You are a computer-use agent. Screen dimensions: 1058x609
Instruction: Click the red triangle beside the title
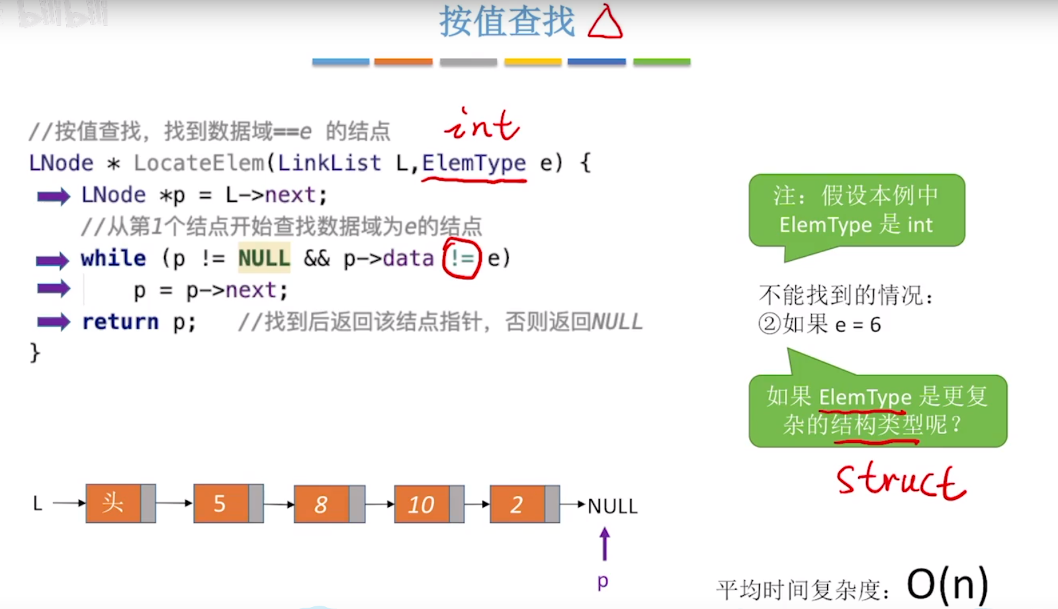pyautogui.click(x=605, y=23)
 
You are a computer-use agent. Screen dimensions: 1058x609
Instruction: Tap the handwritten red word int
pyautogui.click(x=482, y=125)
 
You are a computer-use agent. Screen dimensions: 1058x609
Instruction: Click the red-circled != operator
pyautogui.click(x=462, y=258)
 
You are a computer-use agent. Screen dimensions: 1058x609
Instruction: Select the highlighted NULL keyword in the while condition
pyautogui.click(x=264, y=258)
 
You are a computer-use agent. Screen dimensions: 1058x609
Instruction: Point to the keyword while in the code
pyautogui.click(x=113, y=258)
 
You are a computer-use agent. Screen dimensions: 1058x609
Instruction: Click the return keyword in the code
pyautogui.click(x=120, y=322)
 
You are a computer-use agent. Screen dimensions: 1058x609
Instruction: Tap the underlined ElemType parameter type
pyautogui.click(x=474, y=163)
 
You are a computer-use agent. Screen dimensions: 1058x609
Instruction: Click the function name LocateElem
pyautogui.click(x=198, y=163)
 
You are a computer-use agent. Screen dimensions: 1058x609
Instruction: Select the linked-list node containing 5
pyautogui.click(x=228, y=504)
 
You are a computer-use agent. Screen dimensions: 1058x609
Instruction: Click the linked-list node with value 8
pyautogui.click(x=329, y=504)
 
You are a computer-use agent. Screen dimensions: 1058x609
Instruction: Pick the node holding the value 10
pyautogui.click(x=429, y=504)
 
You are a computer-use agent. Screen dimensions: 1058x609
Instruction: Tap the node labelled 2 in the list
pyautogui.click(x=524, y=504)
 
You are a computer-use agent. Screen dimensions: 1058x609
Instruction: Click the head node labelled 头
pyautogui.click(x=120, y=504)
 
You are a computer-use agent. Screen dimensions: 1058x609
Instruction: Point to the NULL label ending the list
pyautogui.click(x=612, y=506)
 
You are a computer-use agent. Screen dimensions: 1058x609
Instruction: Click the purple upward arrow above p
pyautogui.click(x=604, y=544)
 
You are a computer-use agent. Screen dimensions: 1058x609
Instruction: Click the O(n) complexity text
pyautogui.click(x=947, y=585)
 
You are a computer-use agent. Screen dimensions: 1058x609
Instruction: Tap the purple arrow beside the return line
pyautogui.click(x=54, y=322)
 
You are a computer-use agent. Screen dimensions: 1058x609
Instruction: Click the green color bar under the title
pyautogui.click(x=661, y=62)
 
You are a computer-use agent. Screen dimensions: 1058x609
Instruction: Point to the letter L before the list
pyautogui.click(x=38, y=504)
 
